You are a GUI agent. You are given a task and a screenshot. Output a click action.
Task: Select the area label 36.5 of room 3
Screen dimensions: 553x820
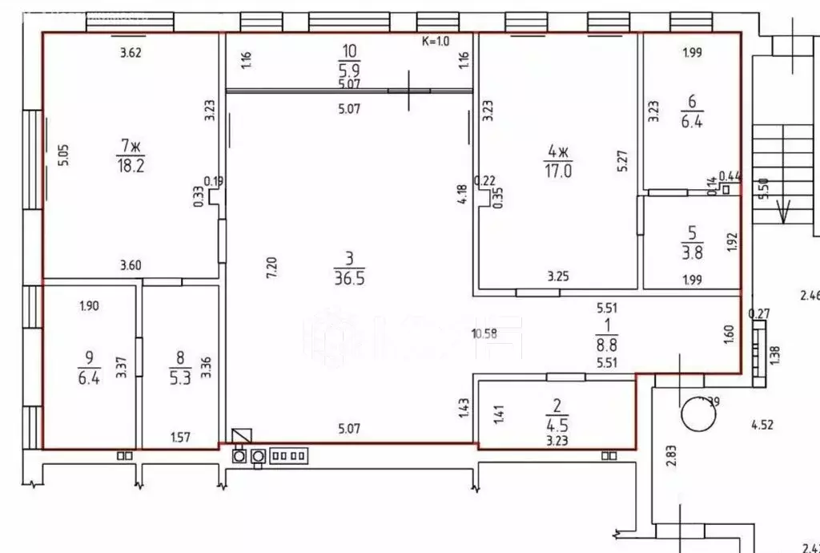(x=349, y=276)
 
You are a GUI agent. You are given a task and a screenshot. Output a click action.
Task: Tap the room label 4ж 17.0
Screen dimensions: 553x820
(x=558, y=160)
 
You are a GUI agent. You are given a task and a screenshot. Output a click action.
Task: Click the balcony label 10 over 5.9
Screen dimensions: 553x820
(x=348, y=61)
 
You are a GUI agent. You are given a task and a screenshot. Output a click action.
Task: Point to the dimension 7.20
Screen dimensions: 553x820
(x=272, y=267)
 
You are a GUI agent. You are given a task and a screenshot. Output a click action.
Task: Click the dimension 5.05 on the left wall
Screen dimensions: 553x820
(x=65, y=154)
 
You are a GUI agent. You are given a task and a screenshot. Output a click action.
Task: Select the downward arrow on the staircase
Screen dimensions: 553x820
(x=784, y=210)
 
